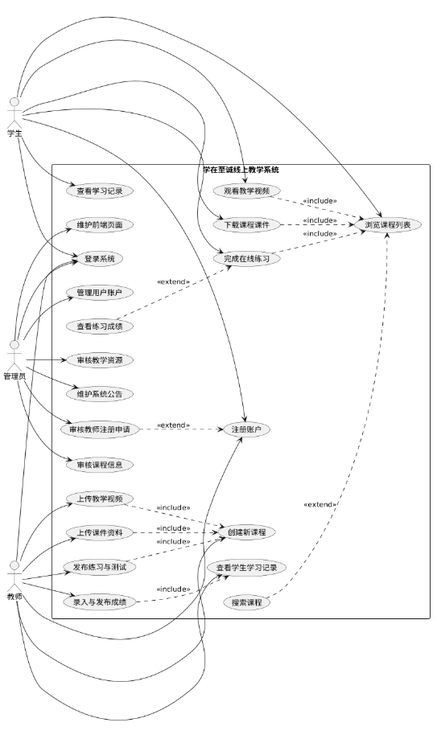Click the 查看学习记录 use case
point(100,191)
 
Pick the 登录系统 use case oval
point(100,259)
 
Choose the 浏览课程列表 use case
point(387,225)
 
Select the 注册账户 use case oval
point(246,430)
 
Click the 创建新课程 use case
point(246,532)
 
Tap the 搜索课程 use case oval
point(246,602)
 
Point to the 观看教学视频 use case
point(246,191)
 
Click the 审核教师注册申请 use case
point(100,430)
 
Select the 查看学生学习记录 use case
point(246,568)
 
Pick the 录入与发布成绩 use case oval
point(100,601)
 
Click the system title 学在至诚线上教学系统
point(241,170)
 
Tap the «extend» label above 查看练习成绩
point(173,281)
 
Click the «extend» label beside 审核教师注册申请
point(173,425)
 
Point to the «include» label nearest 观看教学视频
point(320,201)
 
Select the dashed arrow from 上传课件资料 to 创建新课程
point(176,532)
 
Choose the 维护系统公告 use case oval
point(100,394)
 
